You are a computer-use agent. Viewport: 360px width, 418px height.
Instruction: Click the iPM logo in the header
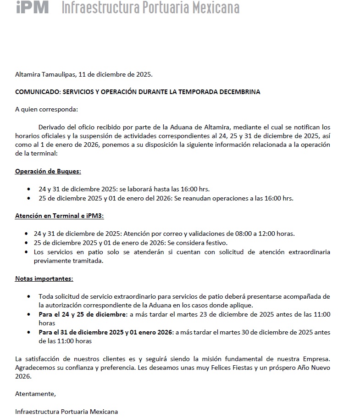32,7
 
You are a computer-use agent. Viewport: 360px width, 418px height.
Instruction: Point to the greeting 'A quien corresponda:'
46,109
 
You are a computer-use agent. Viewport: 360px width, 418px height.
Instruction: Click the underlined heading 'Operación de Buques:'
48,171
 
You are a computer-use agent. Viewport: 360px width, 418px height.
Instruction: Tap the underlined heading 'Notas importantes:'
44,279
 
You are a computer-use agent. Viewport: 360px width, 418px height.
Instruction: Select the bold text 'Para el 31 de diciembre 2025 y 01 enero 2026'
105,332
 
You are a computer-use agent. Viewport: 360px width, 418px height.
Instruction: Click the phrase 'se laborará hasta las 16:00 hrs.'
165,189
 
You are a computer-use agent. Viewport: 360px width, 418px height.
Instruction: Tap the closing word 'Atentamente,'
35,394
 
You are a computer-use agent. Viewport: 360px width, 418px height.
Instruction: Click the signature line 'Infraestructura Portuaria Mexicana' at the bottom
66,412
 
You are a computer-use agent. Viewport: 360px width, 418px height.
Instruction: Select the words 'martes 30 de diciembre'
250,332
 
